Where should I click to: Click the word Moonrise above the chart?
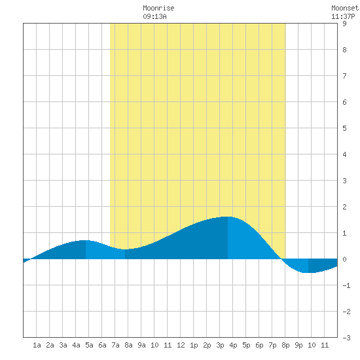[158, 9]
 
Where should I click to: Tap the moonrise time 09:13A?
[154, 16]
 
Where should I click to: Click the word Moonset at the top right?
[345, 9]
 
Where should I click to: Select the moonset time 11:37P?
[343, 16]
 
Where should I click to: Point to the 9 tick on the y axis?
[344, 24]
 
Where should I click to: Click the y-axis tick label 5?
[344, 128]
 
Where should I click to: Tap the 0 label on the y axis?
[344, 259]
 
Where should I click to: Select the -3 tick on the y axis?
[346, 338]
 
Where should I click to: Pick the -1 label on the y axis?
[346, 285]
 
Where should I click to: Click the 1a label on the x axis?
[37, 345]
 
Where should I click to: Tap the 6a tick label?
[102, 345]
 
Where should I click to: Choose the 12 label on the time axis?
[181, 345]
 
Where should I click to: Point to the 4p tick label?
[233, 345]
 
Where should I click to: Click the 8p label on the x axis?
[285, 345]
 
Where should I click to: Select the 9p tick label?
[298, 345]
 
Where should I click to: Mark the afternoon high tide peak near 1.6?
[228, 217]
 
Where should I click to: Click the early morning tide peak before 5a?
[86, 240]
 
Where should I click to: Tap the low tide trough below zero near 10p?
[308, 272]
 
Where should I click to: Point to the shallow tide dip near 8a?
[125, 249]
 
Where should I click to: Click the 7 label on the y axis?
[344, 76]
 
